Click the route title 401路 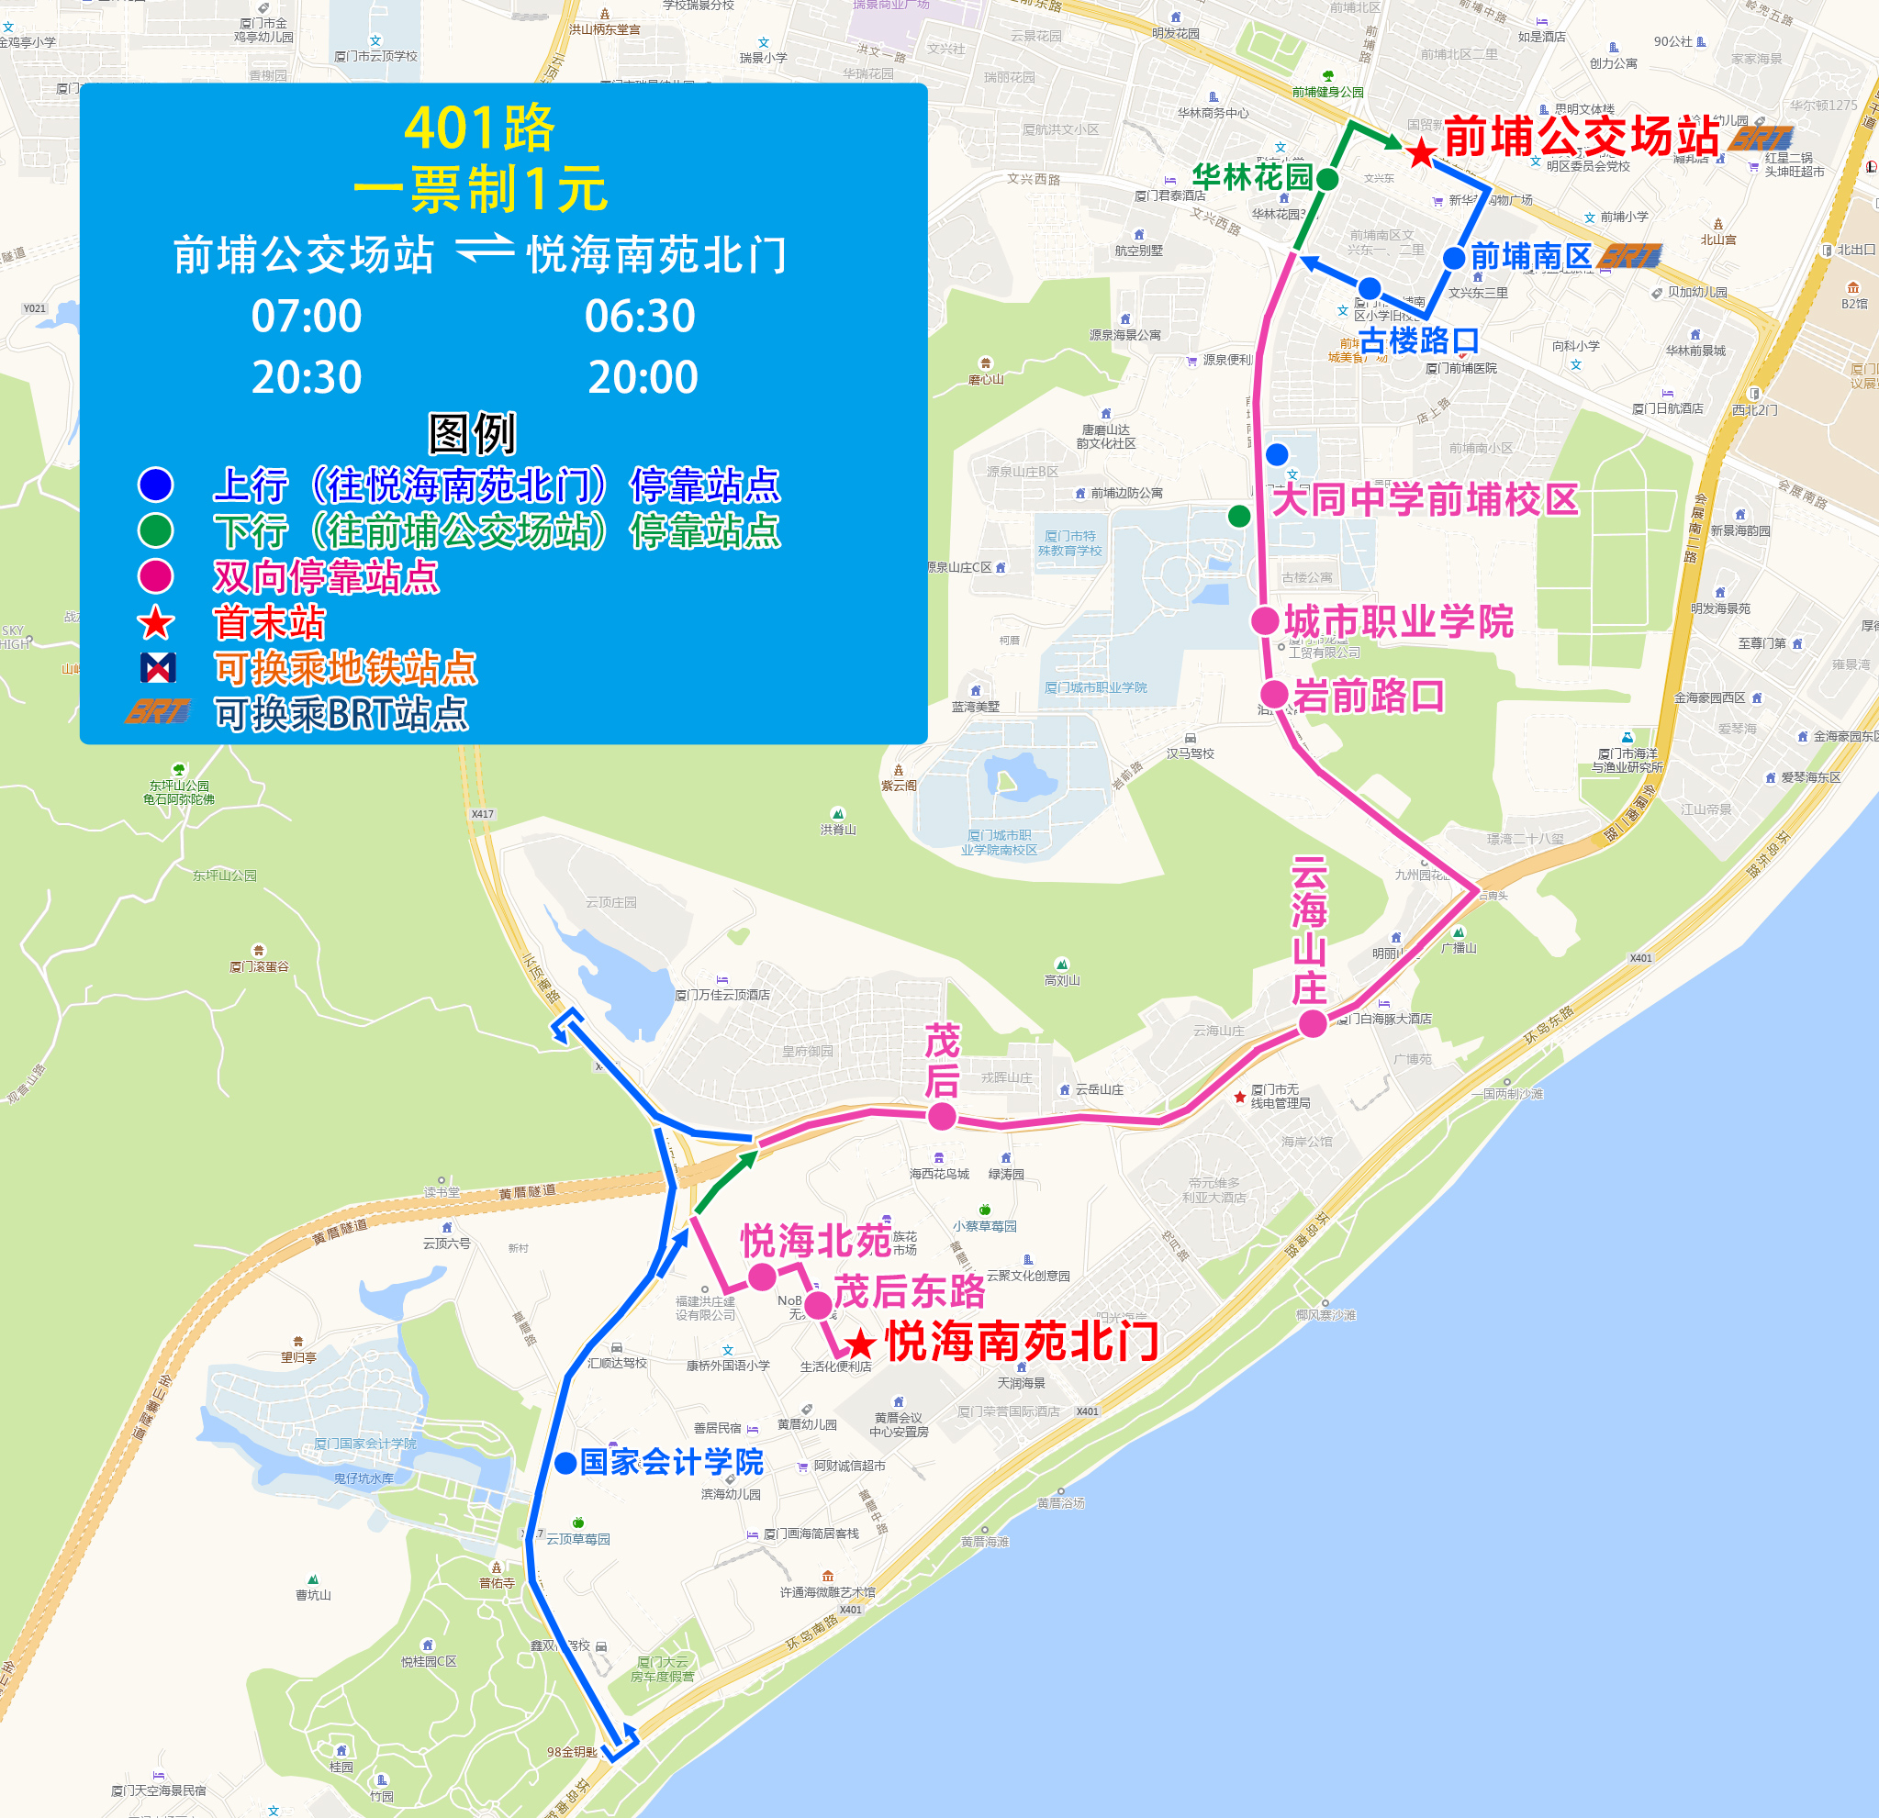click(x=478, y=128)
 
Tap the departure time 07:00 click(x=306, y=317)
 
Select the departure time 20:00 click(x=643, y=377)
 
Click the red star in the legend click(x=155, y=623)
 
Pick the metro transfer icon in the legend click(x=157, y=667)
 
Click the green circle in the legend click(x=155, y=530)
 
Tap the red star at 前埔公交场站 click(x=1421, y=151)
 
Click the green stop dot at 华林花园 click(x=1327, y=179)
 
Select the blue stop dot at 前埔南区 click(x=1453, y=258)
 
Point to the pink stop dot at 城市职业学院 click(x=1266, y=621)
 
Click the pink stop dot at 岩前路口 click(x=1274, y=694)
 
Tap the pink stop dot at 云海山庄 click(x=1313, y=1023)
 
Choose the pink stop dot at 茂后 click(x=943, y=1116)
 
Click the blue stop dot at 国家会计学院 click(x=565, y=1463)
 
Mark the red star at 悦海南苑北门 click(x=860, y=1344)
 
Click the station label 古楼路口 click(x=1419, y=340)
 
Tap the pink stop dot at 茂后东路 click(x=818, y=1304)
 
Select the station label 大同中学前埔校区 click(x=1425, y=499)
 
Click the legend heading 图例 click(x=472, y=434)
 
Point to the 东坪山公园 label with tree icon click(x=179, y=785)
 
